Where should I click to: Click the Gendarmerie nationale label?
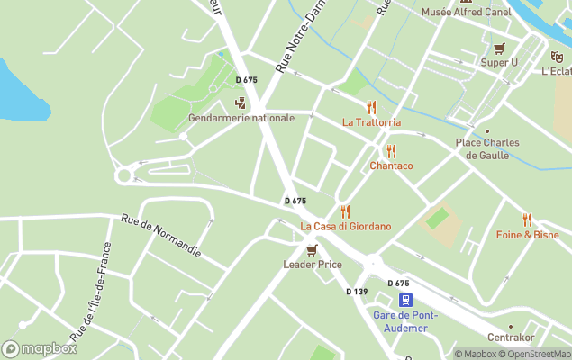(x=241, y=118)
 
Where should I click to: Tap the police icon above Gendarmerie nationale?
(x=240, y=103)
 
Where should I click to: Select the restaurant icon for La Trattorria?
(x=371, y=107)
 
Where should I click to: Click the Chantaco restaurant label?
(x=391, y=166)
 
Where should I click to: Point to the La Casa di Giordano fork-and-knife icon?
(x=345, y=211)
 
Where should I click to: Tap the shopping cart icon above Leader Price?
(x=312, y=249)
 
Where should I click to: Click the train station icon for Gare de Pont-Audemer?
(x=406, y=300)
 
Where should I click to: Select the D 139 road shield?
(x=357, y=291)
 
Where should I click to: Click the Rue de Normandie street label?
(x=160, y=236)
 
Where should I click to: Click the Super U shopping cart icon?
(x=499, y=48)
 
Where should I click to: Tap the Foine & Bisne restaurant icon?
(x=527, y=220)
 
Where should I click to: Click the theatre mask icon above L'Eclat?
(x=557, y=56)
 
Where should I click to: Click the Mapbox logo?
(x=40, y=348)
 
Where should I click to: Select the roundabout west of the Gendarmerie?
(x=123, y=175)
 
